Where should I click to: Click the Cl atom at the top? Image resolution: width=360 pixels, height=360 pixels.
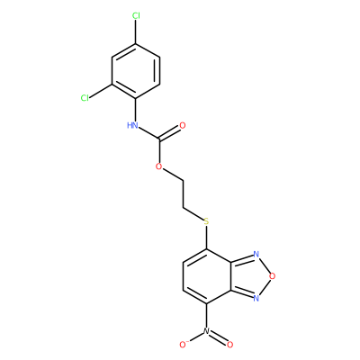point(136,16)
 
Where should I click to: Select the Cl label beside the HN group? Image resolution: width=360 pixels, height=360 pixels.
point(85,98)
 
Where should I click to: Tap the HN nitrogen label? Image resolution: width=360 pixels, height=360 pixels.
point(132,125)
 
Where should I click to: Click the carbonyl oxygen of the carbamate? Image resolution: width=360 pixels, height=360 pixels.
point(182,125)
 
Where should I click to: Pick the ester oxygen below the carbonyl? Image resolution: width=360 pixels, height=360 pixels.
point(159,166)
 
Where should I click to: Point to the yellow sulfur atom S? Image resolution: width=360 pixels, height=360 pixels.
point(206,222)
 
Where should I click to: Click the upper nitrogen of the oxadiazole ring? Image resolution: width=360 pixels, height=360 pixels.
point(256,255)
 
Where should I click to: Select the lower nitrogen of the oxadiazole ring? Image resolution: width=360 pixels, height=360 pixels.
point(256,298)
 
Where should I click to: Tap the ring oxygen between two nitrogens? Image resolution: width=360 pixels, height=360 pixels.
point(273,276)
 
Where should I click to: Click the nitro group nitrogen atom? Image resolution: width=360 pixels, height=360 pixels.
point(206,331)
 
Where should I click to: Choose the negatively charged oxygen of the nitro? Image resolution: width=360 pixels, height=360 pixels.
point(183,345)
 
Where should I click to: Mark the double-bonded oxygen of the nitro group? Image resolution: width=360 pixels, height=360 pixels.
point(229,345)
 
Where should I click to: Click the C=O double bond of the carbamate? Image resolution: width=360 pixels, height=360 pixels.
point(169,133)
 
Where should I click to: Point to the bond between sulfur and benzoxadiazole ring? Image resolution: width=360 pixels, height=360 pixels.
point(206,238)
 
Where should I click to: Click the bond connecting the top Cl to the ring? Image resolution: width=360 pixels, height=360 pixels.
point(136,32)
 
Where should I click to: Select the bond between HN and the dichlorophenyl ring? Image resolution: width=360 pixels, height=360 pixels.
point(136,110)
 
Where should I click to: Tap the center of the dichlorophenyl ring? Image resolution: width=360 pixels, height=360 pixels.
point(136,71)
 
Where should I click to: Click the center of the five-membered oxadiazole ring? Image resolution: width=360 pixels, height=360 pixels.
point(249,276)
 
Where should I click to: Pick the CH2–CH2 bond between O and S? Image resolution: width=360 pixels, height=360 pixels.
point(183,193)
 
